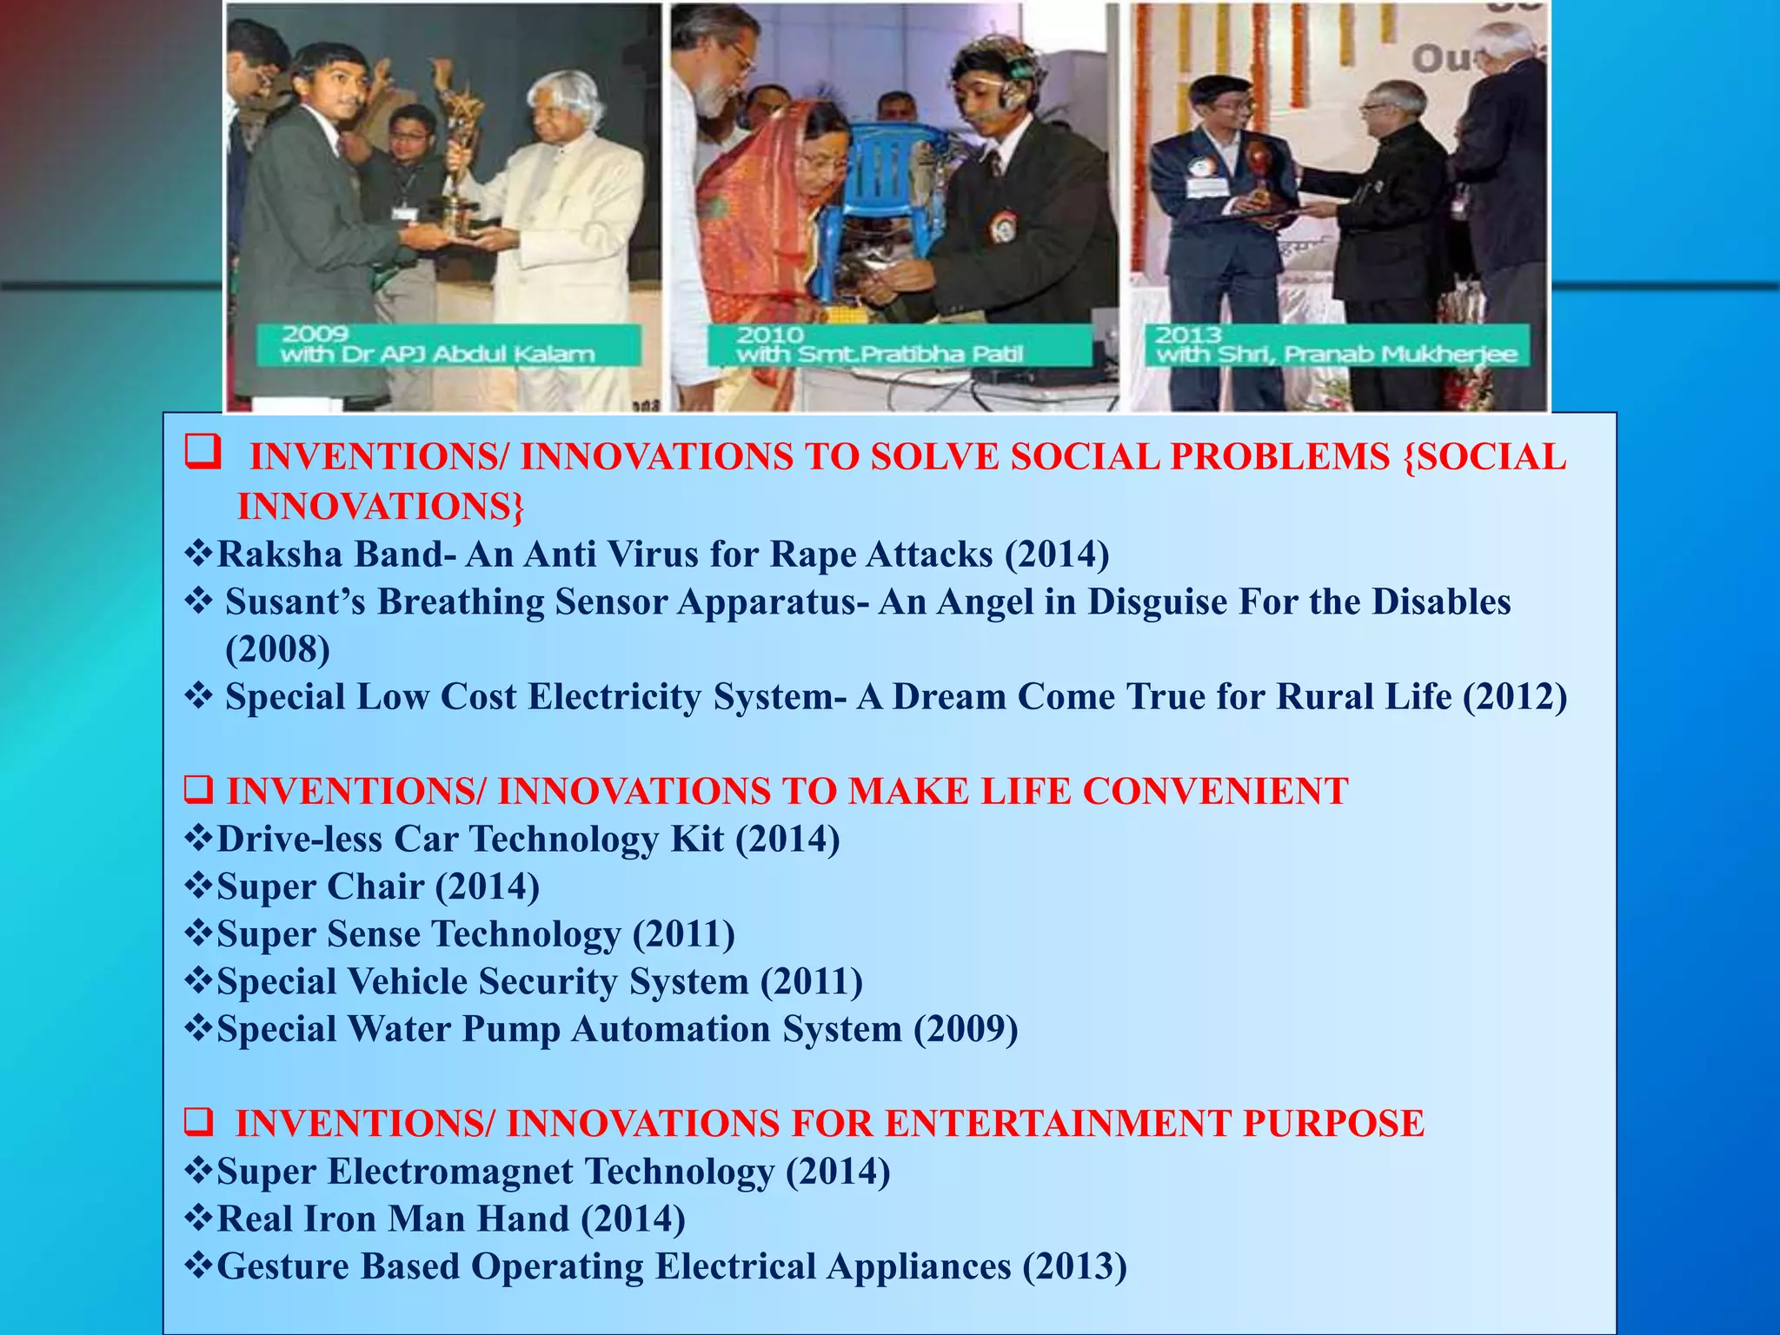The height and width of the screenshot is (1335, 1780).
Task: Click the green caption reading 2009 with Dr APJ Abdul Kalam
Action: pyautogui.click(x=448, y=345)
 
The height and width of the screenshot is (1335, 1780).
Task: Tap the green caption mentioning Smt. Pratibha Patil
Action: pyautogui.click(x=899, y=345)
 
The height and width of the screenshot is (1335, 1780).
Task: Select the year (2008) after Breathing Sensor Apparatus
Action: pyautogui.click(x=277, y=649)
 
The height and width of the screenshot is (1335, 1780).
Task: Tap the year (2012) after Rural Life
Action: pyautogui.click(x=1515, y=697)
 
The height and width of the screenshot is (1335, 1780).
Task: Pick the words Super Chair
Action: pyautogui.click(x=320, y=887)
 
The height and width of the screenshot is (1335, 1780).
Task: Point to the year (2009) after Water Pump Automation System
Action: pyautogui.click(x=966, y=1029)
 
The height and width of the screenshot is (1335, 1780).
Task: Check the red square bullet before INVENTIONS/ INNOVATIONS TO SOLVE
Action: pyautogui.click(x=202, y=453)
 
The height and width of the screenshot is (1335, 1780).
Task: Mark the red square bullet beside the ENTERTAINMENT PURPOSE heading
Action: pyautogui.click(x=199, y=1123)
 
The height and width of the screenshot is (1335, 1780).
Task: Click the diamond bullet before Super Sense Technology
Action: pyautogui.click(x=199, y=933)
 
